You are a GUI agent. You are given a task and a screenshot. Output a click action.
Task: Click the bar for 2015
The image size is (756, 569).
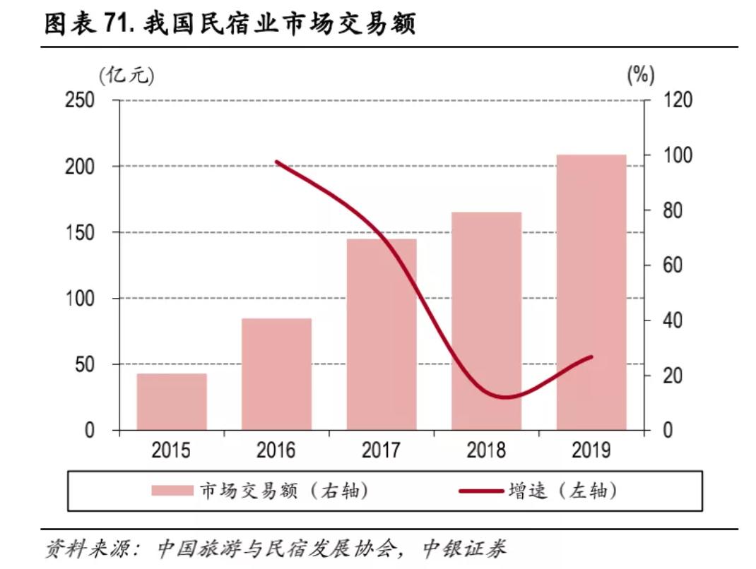coord(172,402)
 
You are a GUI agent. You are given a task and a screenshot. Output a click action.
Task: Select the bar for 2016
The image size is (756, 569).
coord(276,374)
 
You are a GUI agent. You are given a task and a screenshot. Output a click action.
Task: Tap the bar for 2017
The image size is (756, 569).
coord(382,335)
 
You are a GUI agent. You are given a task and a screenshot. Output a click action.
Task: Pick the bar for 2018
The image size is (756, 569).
coord(486,321)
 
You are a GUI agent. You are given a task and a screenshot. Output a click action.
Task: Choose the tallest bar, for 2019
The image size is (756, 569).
coord(591,292)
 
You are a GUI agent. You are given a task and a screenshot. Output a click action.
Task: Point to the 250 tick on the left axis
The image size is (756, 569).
coord(79,100)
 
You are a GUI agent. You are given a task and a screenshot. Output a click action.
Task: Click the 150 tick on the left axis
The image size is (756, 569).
coord(79,232)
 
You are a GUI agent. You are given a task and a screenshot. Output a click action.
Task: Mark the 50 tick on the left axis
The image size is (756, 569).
coord(85,364)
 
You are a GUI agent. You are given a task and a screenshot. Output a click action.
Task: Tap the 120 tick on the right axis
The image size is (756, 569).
coord(678,100)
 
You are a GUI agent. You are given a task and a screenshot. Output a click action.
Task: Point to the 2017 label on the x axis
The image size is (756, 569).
coord(382,450)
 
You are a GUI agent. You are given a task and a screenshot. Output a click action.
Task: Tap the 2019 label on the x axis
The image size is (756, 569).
coord(591,450)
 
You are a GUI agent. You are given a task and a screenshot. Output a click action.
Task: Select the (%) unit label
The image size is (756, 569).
coord(641,74)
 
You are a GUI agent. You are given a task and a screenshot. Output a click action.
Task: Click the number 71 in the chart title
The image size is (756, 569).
coord(118,24)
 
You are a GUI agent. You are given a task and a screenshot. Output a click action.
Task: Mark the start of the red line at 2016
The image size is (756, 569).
coord(276,162)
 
